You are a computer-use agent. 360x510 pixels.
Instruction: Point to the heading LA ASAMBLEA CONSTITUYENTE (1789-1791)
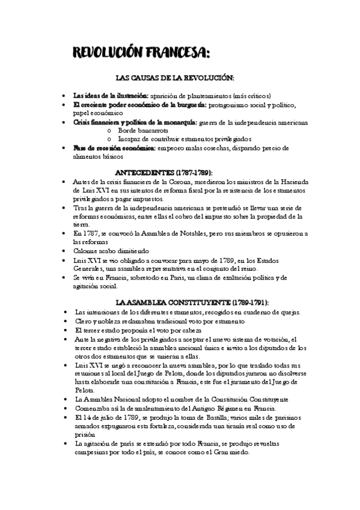(x=192, y=302)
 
